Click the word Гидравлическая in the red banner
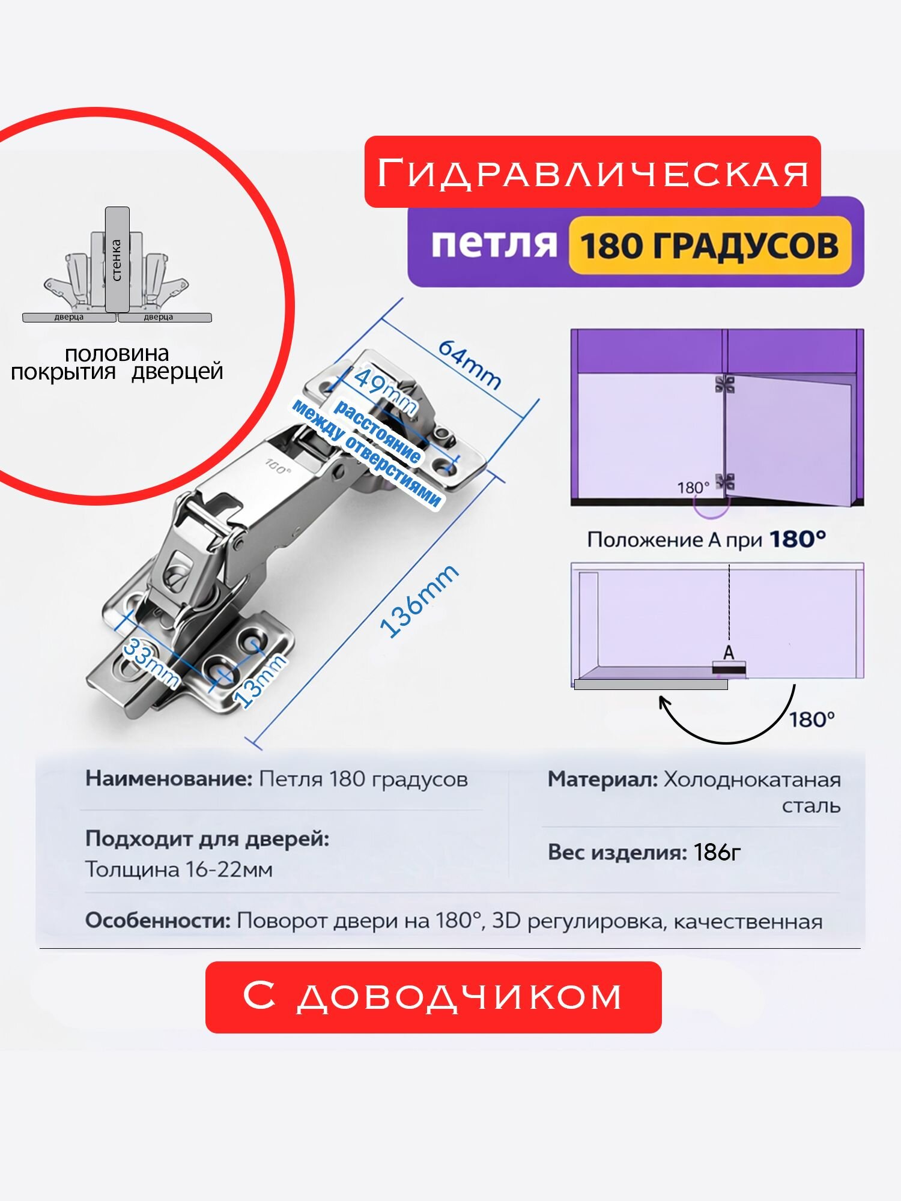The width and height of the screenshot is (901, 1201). (593, 173)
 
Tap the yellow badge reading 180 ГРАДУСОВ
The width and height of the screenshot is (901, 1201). (710, 246)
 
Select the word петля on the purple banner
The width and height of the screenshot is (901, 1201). (494, 244)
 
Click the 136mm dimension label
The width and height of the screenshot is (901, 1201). (419, 600)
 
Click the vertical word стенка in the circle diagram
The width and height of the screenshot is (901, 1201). (117, 260)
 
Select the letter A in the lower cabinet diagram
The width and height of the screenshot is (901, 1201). (729, 652)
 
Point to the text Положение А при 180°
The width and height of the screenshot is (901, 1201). (706, 539)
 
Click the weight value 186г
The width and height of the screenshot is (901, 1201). (717, 852)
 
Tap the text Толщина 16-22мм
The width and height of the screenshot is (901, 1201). (179, 869)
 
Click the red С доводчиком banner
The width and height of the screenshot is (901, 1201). (433, 997)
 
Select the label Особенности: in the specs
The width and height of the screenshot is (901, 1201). (158, 921)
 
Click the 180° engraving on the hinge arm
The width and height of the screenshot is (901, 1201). (279, 465)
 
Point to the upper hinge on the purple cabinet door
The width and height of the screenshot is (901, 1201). (725, 384)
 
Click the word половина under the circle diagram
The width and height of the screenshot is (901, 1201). (117, 354)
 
